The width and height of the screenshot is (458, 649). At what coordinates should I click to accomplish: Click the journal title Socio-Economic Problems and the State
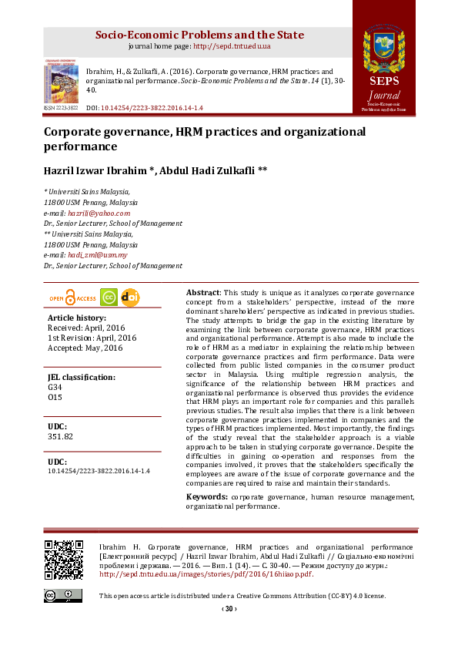click(199, 35)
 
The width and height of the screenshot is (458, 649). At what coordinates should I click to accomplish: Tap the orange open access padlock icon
click(71, 298)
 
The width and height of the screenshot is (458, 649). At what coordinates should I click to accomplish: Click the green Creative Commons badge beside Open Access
click(109, 298)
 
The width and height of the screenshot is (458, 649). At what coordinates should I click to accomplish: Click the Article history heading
click(77, 318)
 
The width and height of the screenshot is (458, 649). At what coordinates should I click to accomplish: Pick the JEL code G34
click(55, 387)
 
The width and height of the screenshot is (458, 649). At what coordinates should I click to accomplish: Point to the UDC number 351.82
click(60, 436)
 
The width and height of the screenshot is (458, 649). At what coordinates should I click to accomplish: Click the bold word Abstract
click(203, 293)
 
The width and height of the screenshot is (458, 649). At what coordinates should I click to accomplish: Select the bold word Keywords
click(206, 497)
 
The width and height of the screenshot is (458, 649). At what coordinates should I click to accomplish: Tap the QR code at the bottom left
click(63, 560)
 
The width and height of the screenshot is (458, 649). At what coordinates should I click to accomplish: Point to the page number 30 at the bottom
click(229, 609)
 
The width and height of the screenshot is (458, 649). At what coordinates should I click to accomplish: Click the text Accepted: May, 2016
click(85, 348)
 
